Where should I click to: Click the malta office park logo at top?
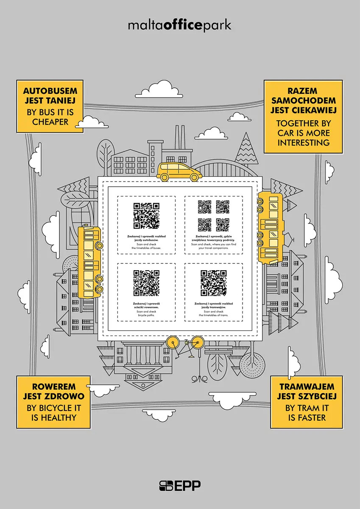tap(180, 25)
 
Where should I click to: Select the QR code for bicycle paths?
tap(146, 283)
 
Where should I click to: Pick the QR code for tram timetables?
tap(213, 283)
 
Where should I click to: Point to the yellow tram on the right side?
tap(270, 227)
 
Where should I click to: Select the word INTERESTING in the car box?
tap(303, 143)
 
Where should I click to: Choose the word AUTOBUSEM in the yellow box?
tap(49, 91)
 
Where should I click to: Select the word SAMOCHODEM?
tap(303, 101)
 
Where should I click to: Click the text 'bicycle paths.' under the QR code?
tap(146, 315)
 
